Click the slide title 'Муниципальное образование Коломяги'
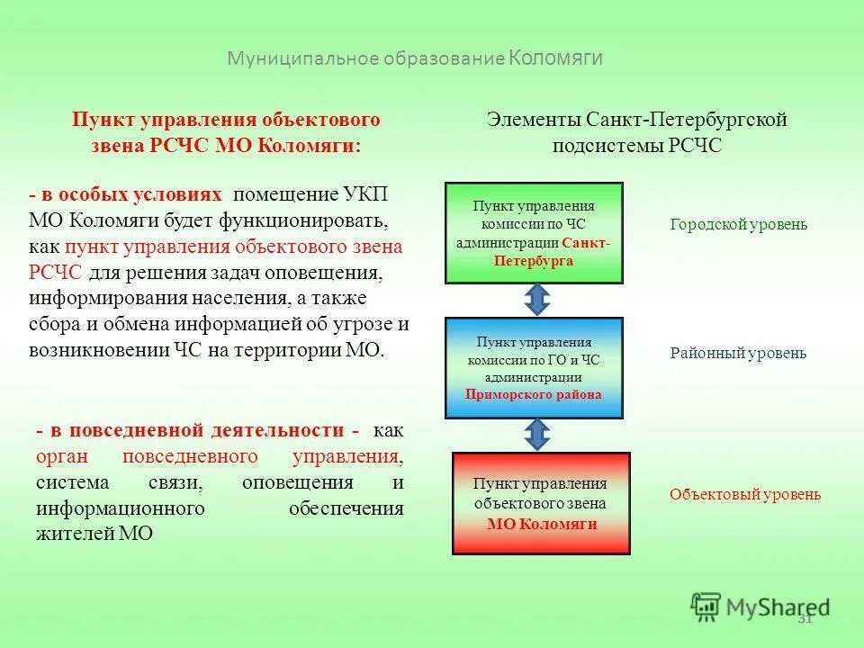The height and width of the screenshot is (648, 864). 415,58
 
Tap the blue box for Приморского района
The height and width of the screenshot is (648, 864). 534,368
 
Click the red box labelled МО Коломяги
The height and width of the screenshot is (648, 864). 541,503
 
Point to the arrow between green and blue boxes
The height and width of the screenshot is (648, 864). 536,301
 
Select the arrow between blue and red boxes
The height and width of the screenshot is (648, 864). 536,435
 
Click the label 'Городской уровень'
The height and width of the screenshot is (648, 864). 738,225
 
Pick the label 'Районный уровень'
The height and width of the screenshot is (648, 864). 738,354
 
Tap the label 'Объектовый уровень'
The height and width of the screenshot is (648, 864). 744,494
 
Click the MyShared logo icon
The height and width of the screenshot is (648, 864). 706,607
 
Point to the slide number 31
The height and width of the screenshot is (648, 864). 805,618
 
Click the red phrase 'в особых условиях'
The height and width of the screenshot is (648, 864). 130,195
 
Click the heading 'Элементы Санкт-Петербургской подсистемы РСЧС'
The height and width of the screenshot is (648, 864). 636,132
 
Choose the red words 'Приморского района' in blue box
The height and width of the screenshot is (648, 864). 533,395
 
